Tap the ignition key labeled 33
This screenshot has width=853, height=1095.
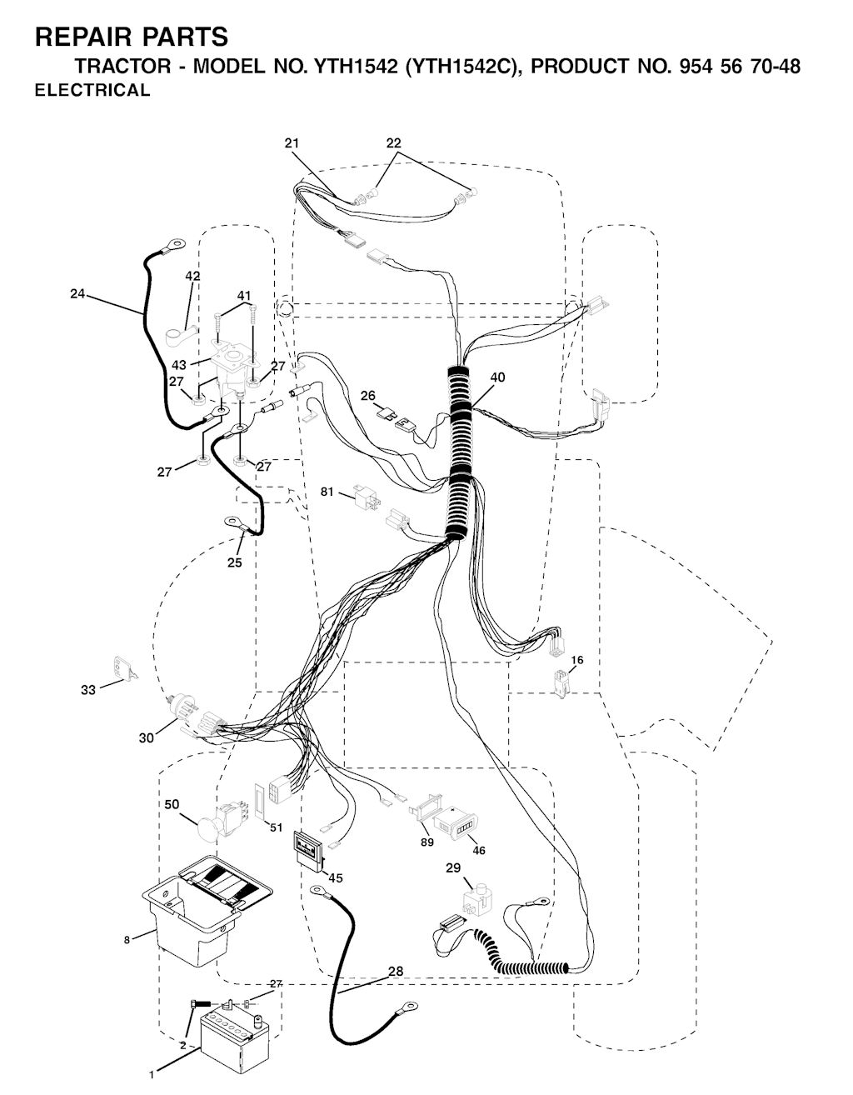tap(124, 668)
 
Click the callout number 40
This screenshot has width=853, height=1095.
tap(497, 377)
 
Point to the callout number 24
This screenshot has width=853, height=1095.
tap(77, 293)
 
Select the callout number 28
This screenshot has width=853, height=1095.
tap(396, 971)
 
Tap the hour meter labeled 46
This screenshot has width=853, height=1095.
tap(455, 822)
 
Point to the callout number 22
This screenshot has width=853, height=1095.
tap(394, 143)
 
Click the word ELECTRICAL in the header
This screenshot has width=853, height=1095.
tap(92, 90)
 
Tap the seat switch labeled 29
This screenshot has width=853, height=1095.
tap(475, 900)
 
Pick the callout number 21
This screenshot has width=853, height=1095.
tap(292, 143)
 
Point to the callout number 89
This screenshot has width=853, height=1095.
tap(427, 842)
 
